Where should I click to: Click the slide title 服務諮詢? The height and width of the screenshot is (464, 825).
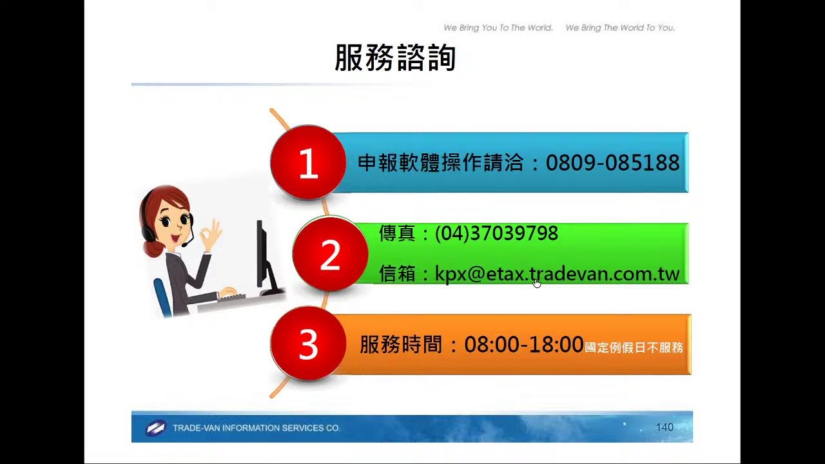(395, 58)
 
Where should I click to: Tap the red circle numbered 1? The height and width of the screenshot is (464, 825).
(308, 163)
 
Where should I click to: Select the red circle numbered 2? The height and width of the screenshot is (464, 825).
(329, 255)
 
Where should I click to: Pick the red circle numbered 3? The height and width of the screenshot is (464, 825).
(308, 345)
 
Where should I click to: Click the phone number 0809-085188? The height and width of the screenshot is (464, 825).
(612, 163)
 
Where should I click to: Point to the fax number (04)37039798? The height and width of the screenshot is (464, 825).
(496, 233)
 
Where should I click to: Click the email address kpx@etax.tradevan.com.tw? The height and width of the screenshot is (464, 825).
(558, 274)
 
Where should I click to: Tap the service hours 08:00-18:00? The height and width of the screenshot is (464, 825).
(523, 345)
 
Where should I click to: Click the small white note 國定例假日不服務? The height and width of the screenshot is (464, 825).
(634, 348)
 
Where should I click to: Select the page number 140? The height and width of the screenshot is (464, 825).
(664, 427)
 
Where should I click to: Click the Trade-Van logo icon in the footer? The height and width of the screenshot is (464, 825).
(155, 428)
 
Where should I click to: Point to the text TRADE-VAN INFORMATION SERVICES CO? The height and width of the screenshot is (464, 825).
(256, 428)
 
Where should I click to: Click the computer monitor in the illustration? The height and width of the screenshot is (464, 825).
(262, 255)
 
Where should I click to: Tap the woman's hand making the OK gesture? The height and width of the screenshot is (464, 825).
(211, 236)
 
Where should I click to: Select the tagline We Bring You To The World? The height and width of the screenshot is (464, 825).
(498, 28)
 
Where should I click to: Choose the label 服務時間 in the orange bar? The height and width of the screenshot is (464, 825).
(401, 345)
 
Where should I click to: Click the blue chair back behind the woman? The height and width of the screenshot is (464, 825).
(162, 296)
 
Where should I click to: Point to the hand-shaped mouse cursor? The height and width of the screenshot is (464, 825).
(537, 283)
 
